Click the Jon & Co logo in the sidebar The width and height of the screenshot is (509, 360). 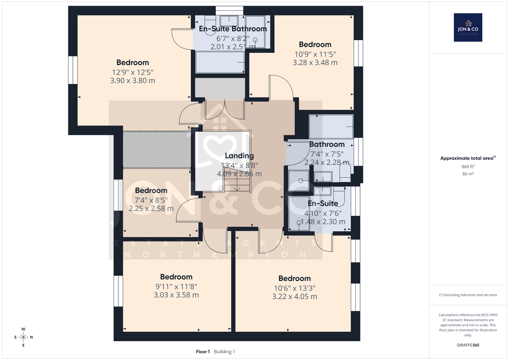click(x=468, y=27)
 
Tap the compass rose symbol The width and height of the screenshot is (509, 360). click(x=23, y=337)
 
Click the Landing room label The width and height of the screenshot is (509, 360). click(x=239, y=156)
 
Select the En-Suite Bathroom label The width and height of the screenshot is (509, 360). click(x=233, y=29)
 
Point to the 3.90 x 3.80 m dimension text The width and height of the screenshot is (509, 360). click(x=133, y=81)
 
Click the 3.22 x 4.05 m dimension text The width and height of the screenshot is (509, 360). click(x=295, y=296)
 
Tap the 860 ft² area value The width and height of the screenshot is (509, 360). click(x=468, y=166)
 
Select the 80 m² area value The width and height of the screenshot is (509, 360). click(x=468, y=174)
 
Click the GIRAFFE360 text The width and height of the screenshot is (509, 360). click(x=468, y=345)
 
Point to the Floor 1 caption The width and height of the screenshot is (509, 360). click(x=203, y=352)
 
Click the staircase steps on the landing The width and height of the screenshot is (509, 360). click(x=237, y=180)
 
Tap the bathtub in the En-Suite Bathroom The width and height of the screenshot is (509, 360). click(x=220, y=62)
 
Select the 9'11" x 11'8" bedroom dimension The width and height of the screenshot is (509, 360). click(x=176, y=286)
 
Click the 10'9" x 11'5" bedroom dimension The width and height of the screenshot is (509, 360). click(x=315, y=54)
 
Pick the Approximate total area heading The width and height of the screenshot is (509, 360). click(x=468, y=158)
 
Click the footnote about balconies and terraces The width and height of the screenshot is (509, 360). click(x=468, y=295)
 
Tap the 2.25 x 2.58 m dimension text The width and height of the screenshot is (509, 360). click(x=151, y=208)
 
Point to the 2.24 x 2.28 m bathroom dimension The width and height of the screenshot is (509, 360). click(x=327, y=162)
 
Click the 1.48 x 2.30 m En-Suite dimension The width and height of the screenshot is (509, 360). click(x=323, y=222)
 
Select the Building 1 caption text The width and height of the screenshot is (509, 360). click(x=224, y=352)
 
